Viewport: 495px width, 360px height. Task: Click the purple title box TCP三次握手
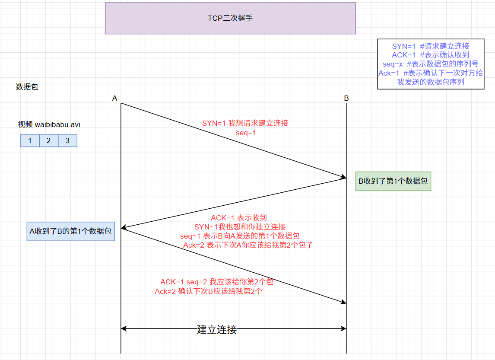tap(230, 18)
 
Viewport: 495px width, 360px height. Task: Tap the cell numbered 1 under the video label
tap(30, 140)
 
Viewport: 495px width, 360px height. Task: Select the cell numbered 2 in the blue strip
tap(48, 140)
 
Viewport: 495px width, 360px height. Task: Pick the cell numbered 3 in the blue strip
tap(67, 140)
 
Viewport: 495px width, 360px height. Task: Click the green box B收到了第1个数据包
tap(393, 181)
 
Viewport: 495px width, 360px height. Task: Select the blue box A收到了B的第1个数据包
tap(70, 231)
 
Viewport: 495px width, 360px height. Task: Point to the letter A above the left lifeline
tap(115, 98)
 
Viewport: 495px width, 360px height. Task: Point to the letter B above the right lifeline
tap(346, 98)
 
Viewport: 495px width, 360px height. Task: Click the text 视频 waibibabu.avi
tap(49, 124)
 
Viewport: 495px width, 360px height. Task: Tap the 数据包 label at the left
tap(27, 86)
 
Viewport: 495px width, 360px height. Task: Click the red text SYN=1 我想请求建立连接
tap(245, 123)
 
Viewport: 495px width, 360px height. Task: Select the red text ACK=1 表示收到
tap(238, 218)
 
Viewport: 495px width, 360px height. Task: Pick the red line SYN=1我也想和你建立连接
tap(240, 227)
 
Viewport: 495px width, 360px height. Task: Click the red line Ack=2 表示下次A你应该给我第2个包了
tap(248, 245)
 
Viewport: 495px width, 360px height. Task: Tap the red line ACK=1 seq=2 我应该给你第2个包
tap(217, 282)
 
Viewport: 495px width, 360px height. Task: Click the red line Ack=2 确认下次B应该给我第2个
tap(209, 291)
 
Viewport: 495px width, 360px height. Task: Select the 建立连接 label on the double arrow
tap(217, 329)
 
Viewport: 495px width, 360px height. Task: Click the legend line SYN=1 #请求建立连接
tap(431, 46)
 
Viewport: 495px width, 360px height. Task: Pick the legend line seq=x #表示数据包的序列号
tap(431, 64)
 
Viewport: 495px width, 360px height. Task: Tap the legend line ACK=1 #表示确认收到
tap(431, 55)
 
